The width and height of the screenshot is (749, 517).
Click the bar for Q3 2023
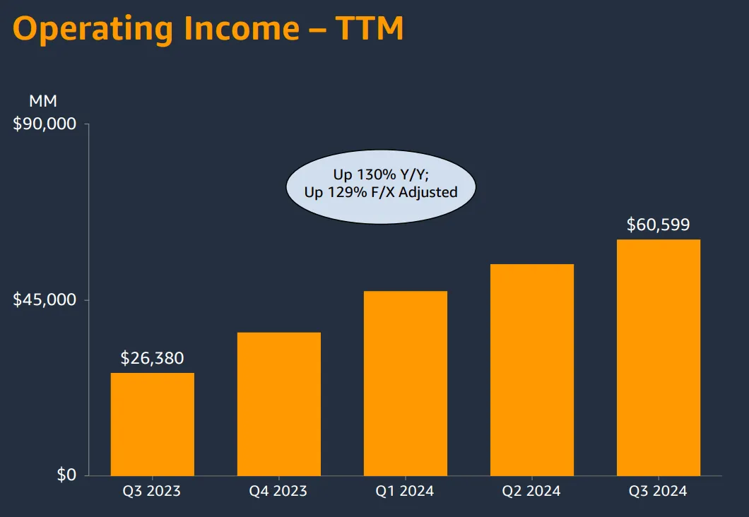click(153, 424)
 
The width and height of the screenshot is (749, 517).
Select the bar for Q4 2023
click(279, 404)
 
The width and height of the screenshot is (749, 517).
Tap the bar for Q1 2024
click(406, 384)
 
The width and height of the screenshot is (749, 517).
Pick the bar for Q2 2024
click(532, 370)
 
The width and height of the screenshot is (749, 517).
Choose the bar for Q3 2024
click(659, 357)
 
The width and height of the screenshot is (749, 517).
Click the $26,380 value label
click(153, 358)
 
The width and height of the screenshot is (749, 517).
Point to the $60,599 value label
click(659, 225)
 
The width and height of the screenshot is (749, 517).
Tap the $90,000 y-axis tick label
click(45, 124)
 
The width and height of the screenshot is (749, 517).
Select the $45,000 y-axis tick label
click(45, 299)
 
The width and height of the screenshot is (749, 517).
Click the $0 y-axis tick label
click(66, 475)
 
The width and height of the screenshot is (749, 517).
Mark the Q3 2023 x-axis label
click(152, 491)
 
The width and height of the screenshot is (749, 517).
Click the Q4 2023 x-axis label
click(278, 491)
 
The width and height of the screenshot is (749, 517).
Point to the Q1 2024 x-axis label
click(405, 491)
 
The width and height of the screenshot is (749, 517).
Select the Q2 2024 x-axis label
click(531, 491)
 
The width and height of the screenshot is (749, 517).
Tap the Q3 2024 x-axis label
click(658, 491)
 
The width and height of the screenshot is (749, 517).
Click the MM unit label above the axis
click(43, 101)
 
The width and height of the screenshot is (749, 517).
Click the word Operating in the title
click(93, 30)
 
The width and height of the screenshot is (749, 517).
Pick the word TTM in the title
click(370, 28)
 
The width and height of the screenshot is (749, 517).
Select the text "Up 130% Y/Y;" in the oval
click(381, 174)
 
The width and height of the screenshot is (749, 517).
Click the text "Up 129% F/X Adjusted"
click(381, 192)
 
